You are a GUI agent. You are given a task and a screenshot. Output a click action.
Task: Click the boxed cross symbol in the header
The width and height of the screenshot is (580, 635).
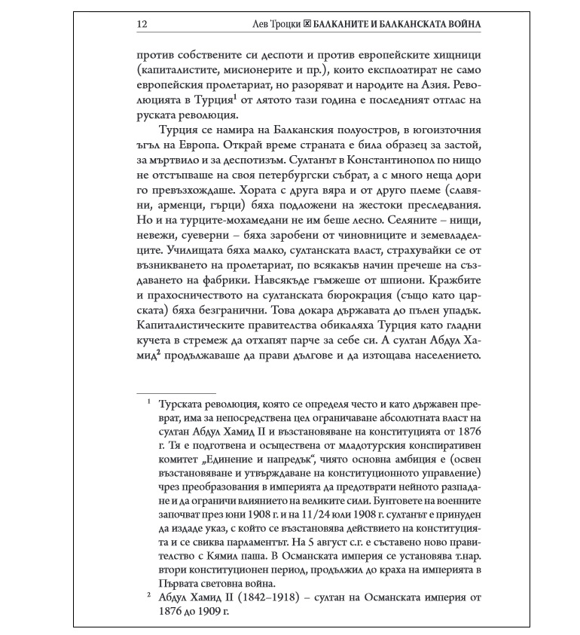307,24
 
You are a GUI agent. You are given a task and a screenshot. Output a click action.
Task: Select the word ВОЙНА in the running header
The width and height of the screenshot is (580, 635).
460,24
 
